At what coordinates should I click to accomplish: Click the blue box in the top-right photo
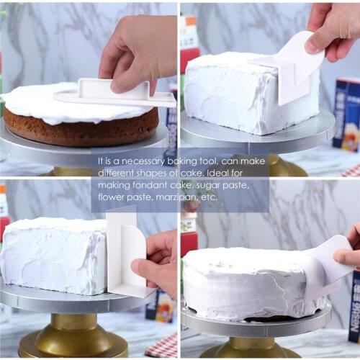click(348, 112)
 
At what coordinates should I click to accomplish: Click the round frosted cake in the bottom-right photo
click(245, 281)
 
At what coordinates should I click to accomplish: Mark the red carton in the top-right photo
click(189, 50)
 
